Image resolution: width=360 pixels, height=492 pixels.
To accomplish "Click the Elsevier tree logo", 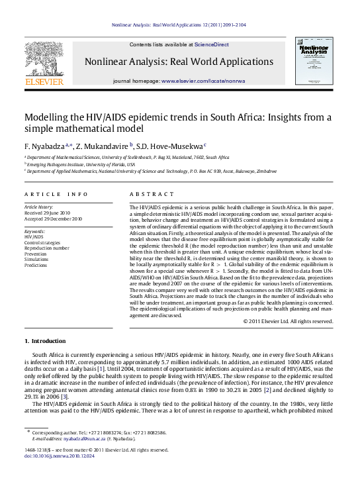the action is [44, 62].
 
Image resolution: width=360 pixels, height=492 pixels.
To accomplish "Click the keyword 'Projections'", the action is [38, 263].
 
